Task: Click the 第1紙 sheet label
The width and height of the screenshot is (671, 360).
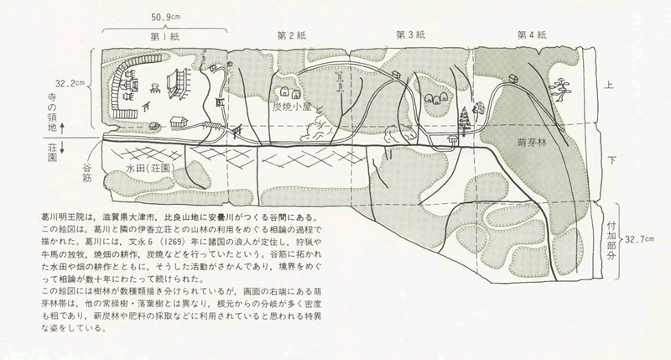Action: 164,37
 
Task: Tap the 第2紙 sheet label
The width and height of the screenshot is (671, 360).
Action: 292,35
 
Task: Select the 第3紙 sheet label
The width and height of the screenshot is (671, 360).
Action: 410,35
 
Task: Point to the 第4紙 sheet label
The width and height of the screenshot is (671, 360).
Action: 532,35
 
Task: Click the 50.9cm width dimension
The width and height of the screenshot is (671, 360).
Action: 165,18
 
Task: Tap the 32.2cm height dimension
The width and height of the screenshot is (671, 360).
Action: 70,83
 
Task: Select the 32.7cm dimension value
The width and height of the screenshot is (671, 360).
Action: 639,239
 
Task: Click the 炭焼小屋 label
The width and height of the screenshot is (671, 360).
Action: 291,107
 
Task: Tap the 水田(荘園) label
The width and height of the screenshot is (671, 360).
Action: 150,169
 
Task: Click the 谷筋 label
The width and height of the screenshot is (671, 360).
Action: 87,172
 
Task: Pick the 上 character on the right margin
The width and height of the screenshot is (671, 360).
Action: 609,86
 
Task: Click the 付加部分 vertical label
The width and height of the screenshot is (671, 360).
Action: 611,241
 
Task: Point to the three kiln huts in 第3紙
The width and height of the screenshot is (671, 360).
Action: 436,99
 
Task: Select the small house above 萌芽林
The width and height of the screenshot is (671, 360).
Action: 513,78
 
